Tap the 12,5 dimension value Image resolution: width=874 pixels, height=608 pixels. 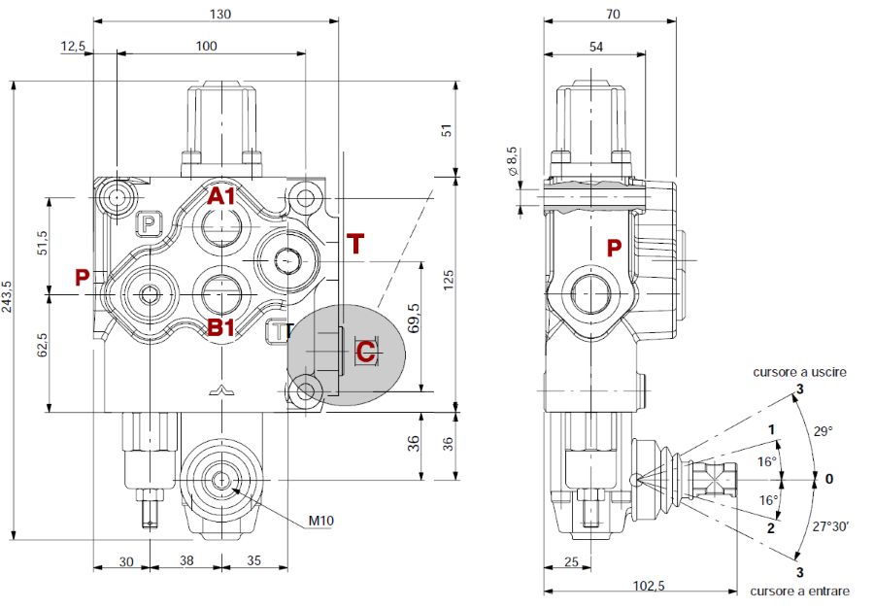[74, 46]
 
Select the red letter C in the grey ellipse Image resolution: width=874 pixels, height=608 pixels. [365, 351]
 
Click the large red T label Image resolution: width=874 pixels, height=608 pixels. [356, 244]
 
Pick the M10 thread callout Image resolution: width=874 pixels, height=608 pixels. [321, 522]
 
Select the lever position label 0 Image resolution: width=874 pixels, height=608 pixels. [828, 479]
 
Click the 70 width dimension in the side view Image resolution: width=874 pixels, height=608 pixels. [612, 14]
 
